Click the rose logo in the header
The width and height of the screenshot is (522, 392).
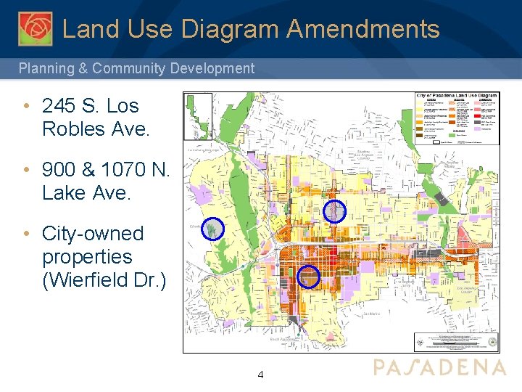pos(36,28)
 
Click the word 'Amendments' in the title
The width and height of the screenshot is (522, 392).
pos(362,29)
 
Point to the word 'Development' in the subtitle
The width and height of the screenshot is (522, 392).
pos(213,69)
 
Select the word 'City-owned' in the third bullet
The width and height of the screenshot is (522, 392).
pos(93,234)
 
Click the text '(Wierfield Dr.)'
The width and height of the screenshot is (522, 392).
pos(104,280)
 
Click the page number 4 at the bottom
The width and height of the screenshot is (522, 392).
pos(261,375)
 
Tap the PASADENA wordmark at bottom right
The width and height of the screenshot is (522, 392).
pos(439,367)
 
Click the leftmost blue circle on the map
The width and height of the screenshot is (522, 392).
pos(212,229)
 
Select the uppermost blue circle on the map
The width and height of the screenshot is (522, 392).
pos(333,211)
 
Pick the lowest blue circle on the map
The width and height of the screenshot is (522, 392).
pos(309,277)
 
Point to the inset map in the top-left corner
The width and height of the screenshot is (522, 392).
pos(198,116)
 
